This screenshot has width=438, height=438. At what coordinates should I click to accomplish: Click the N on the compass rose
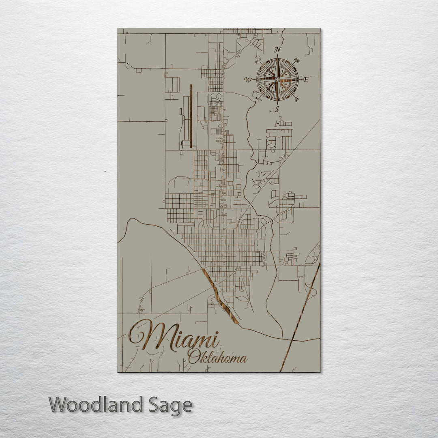[278, 50]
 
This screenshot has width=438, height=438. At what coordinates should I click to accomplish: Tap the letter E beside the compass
[306, 80]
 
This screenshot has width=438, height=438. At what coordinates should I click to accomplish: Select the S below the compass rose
[277, 109]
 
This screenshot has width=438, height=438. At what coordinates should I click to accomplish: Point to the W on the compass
[248, 79]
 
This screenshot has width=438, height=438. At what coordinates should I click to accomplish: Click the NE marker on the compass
[297, 61]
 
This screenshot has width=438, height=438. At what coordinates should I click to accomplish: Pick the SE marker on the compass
[297, 99]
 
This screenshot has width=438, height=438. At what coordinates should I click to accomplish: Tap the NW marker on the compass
[257, 61]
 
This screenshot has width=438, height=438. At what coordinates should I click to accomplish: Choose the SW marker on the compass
[258, 99]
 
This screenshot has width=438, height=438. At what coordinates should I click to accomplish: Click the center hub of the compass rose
[277, 79]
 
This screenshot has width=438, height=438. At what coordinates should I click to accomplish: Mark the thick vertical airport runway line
[191, 116]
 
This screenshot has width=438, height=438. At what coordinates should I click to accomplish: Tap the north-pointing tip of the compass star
[277, 57]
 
